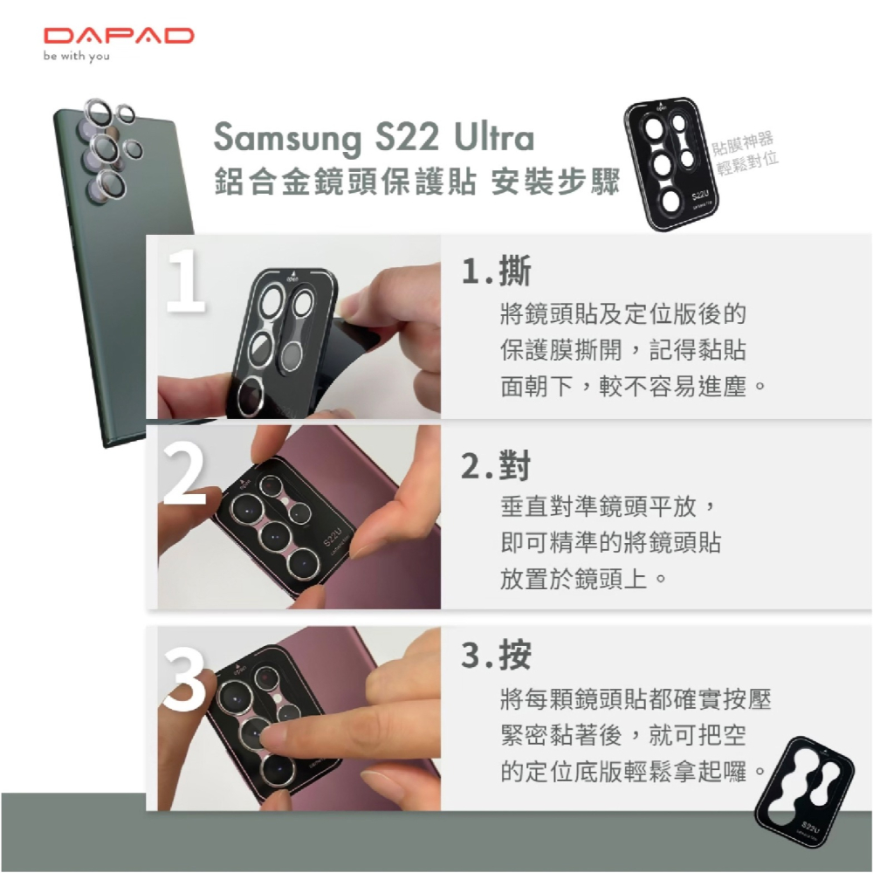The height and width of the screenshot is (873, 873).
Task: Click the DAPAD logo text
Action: [119, 36]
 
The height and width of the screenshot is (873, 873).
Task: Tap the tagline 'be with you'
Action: [77, 58]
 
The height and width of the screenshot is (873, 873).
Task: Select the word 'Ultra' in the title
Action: [494, 140]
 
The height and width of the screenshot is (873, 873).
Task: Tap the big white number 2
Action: [184, 475]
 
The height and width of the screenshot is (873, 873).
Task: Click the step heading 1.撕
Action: [496, 272]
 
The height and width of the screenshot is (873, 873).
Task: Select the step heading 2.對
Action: [496, 468]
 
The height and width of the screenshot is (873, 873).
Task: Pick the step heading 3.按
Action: [496, 656]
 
